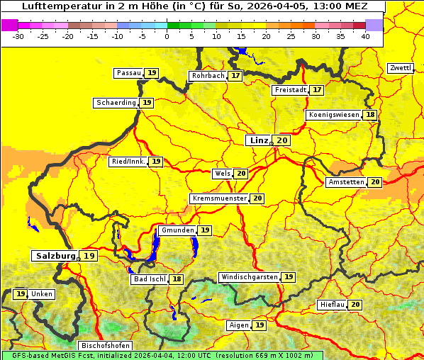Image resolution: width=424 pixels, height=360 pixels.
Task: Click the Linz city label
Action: coord(258,140)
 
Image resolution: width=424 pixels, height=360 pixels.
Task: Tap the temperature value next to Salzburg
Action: coord(89,256)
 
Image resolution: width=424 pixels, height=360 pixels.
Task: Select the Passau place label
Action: coord(128,73)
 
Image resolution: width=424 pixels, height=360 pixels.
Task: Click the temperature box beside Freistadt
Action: coord(316,90)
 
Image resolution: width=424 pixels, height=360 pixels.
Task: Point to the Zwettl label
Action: coord(401,68)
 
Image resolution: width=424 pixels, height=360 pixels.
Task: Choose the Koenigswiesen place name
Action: coord(334,115)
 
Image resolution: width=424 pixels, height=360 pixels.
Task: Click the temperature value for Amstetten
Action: coord(374,182)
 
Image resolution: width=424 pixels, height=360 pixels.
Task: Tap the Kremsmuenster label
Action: coord(219,198)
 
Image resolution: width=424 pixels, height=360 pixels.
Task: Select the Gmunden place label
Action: coord(177,230)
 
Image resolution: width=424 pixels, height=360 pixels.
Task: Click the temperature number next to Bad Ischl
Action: coord(176,279)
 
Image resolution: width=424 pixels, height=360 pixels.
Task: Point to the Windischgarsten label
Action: coord(249,276)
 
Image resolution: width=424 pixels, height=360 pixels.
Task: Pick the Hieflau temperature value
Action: coord(355,305)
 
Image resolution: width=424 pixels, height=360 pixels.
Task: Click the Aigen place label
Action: coord(239,325)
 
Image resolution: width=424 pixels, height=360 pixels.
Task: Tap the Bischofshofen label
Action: coord(105,345)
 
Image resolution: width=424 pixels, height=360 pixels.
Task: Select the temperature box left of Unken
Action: coord(21,294)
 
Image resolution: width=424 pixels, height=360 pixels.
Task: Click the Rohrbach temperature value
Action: coord(235,75)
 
